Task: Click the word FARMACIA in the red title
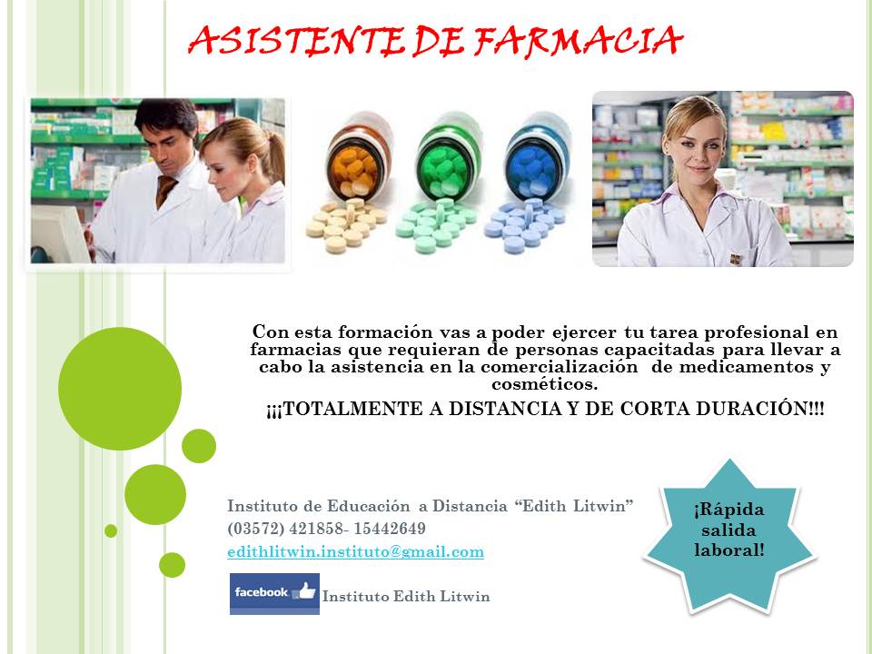pos(578,41)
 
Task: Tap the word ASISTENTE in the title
pos(296,41)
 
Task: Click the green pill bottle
pos(447,157)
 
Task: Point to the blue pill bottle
pos(536,157)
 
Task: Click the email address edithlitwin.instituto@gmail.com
pos(355,551)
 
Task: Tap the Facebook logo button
pos(274,593)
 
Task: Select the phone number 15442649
pos(390,529)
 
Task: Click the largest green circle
pos(120,389)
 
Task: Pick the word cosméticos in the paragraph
pos(544,383)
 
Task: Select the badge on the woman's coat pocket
pos(736,259)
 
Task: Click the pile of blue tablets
pos(524,225)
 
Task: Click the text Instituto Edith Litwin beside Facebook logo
pos(406,596)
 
